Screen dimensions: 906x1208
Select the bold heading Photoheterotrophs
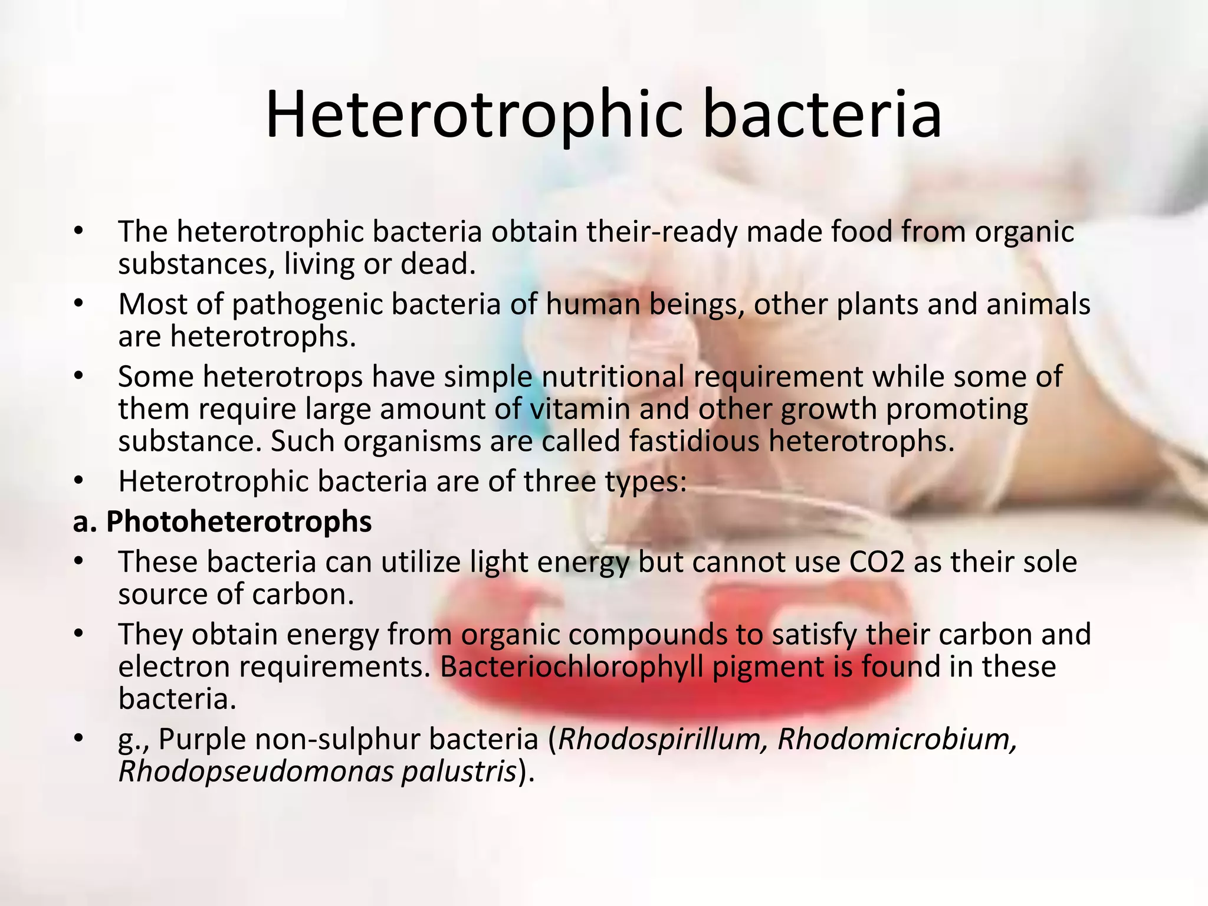pyautogui.click(x=238, y=522)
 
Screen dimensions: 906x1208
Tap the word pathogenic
pyautogui.click(x=307, y=305)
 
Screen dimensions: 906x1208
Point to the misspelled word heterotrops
pyautogui.click(x=283, y=377)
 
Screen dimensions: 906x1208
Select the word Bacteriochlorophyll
pyautogui.click(x=572, y=667)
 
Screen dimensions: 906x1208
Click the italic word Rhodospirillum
pyautogui.click(x=663, y=740)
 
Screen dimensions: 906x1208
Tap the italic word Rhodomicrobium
pyautogui.click(x=897, y=740)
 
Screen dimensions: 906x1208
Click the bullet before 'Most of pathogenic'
pyautogui.click(x=79, y=305)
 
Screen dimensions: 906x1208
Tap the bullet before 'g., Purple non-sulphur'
pyautogui.click(x=79, y=740)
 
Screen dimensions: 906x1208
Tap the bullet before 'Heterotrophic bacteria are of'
pyautogui.click(x=79, y=481)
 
